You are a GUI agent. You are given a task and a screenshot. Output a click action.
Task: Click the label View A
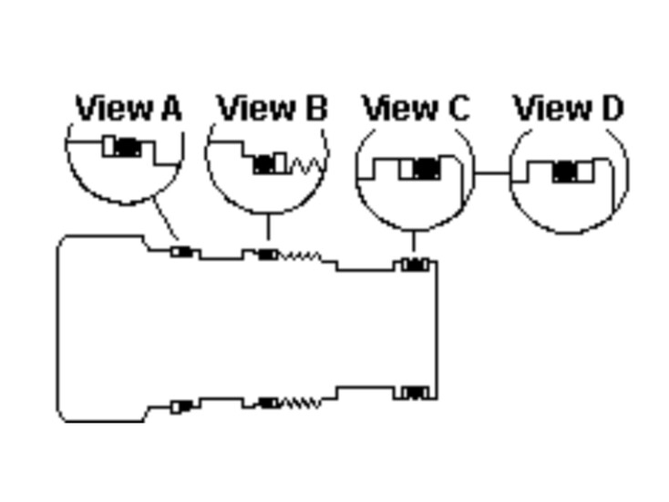point(129,108)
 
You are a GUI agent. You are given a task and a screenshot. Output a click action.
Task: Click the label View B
point(273,108)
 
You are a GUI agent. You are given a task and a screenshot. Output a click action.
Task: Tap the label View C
point(417,108)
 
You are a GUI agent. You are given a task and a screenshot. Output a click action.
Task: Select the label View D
point(569,108)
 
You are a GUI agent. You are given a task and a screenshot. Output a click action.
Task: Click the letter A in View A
point(172,108)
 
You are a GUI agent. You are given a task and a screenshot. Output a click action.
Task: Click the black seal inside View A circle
point(128,147)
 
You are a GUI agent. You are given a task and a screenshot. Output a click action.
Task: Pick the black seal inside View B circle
point(264,164)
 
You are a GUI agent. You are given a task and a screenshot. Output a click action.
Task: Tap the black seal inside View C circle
point(427,169)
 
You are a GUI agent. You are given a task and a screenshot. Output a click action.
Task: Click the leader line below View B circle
point(268,226)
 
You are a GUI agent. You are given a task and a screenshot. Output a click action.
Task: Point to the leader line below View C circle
point(413,241)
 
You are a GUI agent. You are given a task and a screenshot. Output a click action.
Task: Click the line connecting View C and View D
point(492,173)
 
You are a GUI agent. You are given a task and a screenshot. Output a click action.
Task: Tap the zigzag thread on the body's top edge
point(300,256)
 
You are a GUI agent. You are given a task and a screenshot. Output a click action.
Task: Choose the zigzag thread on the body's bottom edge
point(301,403)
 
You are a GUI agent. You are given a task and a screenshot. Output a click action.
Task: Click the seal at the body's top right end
point(415,265)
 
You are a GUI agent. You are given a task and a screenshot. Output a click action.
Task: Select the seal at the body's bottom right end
point(415,392)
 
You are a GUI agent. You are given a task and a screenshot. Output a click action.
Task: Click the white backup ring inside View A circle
point(109,147)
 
